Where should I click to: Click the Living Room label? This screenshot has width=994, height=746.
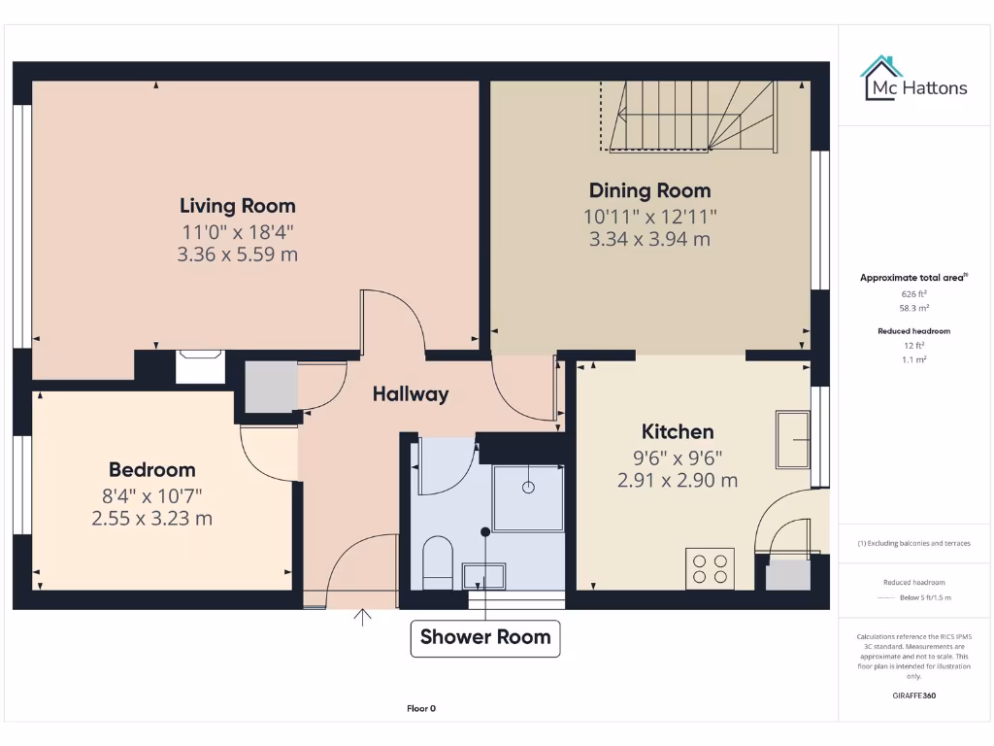click(x=238, y=206)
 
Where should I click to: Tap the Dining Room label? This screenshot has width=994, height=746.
click(x=649, y=190)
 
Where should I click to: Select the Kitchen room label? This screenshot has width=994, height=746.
click(x=678, y=432)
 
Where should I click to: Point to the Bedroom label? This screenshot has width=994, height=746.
click(x=151, y=470)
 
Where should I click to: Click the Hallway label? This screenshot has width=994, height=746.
click(x=411, y=393)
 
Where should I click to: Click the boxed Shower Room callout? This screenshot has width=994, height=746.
click(x=485, y=637)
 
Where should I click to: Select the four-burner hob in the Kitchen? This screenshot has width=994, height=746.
click(x=710, y=568)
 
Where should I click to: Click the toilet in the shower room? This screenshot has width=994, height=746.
click(x=438, y=562)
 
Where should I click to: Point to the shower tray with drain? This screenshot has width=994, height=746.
click(x=528, y=496)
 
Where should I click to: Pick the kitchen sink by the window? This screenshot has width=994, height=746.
click(x=792, y=440)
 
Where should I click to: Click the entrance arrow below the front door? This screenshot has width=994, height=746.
click(x=364, y=618)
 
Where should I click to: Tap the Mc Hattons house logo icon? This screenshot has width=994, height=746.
click(x=880, y=78)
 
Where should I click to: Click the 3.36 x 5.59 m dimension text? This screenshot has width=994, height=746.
click(x=238, y=255)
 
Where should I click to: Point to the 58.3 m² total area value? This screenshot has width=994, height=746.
click(x=914, y=307)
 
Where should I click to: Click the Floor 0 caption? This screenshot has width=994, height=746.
click(x=420, y=708)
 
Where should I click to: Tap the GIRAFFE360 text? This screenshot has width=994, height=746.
click(x=914, y=695)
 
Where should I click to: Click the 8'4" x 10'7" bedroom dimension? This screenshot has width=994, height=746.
click(x=151, y=495)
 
